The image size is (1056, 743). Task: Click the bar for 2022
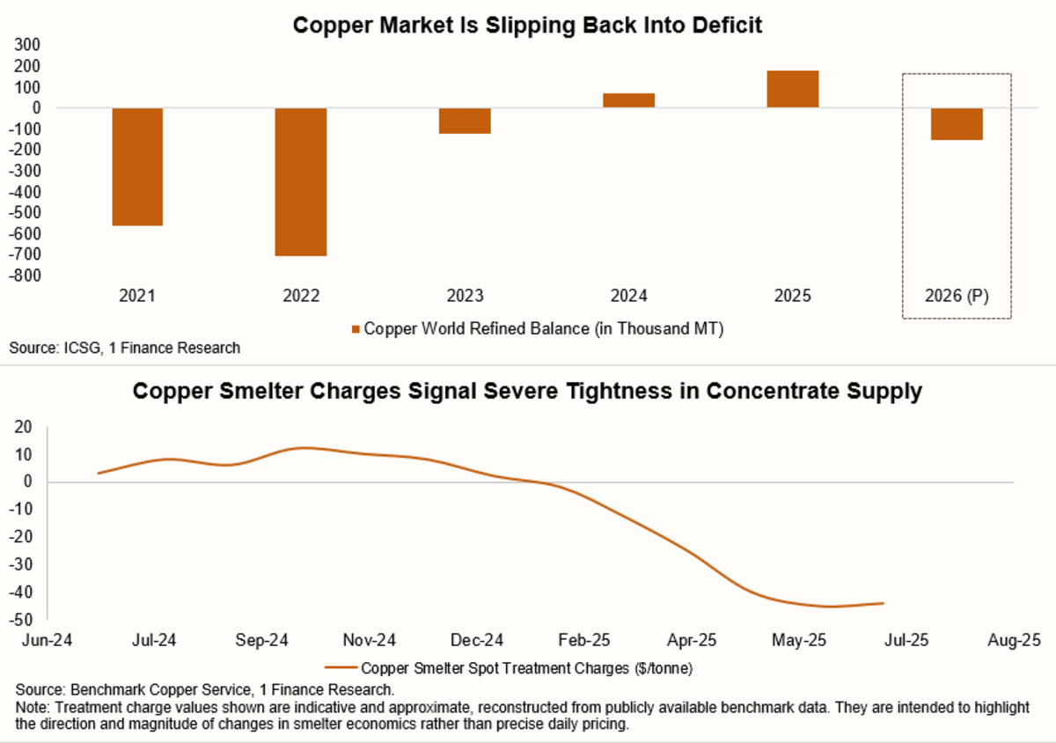(x=301, y=181)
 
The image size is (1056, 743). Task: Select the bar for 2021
(x=137, y=166)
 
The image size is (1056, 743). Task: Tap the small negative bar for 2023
(x=465, y=121)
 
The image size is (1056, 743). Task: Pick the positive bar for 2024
(x=628, y=100)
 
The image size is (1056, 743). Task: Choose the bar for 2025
(x=792, y=89)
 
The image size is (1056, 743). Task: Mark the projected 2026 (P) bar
(x=957, y=124)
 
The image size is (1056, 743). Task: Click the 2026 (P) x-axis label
(x=957, y=297)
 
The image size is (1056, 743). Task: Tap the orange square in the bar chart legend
(x=356, y=328)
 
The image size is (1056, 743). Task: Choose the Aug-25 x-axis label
(x=1014, y=640)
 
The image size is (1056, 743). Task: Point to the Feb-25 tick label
(x=585, y=640)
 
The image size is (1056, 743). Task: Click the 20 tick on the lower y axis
(x=24, y=427)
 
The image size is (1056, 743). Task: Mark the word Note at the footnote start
(x=26, y=706)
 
